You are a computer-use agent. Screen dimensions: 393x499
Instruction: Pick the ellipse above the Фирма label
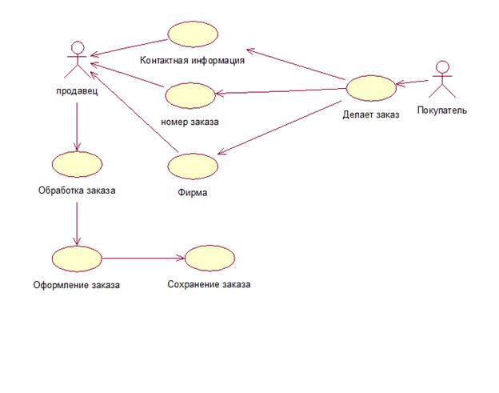pos(193,166)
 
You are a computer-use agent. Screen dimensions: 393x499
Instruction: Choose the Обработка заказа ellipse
pos(76,165)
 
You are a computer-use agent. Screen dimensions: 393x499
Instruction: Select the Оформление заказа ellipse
pos(77,259)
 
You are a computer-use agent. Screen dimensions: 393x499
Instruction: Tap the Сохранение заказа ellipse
pos(210,259)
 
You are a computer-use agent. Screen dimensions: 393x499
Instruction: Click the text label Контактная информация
pos(192,59)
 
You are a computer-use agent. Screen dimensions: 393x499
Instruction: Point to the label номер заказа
pos(190,122)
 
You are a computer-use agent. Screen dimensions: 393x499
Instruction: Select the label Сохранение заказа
pos(209,284)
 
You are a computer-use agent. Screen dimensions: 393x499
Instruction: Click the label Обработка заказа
pos(77,190)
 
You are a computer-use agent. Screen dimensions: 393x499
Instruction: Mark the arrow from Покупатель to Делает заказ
pos(413,81)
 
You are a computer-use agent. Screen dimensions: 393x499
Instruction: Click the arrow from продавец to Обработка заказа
pos(76,128)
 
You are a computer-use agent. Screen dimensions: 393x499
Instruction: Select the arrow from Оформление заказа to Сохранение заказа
pos(143,259)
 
